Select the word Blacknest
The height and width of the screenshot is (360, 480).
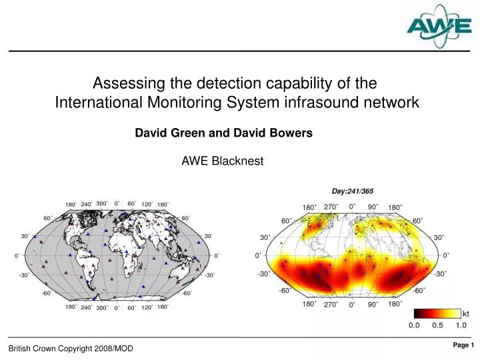click(237, 161)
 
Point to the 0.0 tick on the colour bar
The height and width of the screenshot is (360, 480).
click(415, 325)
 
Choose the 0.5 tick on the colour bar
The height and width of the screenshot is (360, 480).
click(438, 325)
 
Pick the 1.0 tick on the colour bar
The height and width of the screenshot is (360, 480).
click(461, 325)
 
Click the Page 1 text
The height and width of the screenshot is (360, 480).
click(463, 345)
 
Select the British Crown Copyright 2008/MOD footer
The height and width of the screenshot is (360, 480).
click(71, 349)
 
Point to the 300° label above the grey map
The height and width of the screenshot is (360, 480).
click(102, 204)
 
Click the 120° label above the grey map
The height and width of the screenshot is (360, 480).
click(147, 204)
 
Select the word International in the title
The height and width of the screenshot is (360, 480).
click(95, 103)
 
